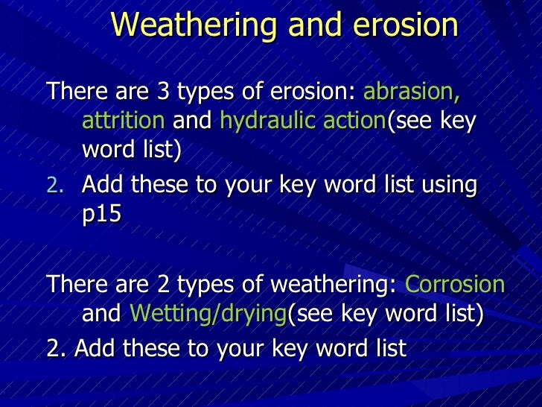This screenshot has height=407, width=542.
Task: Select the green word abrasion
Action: (411, 93)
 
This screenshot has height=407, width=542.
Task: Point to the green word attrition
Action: (123, 121)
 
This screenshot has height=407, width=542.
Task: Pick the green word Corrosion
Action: (455, 285)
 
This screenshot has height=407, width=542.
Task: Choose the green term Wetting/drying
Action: (208, 314)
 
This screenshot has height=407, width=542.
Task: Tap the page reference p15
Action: (101, 212)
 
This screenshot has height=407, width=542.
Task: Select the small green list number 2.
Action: (63, 185)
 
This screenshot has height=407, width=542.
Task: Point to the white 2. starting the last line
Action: (54, 347)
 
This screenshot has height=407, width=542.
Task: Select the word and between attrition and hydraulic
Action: (192, 121)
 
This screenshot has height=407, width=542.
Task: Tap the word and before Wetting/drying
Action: (101, 314)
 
